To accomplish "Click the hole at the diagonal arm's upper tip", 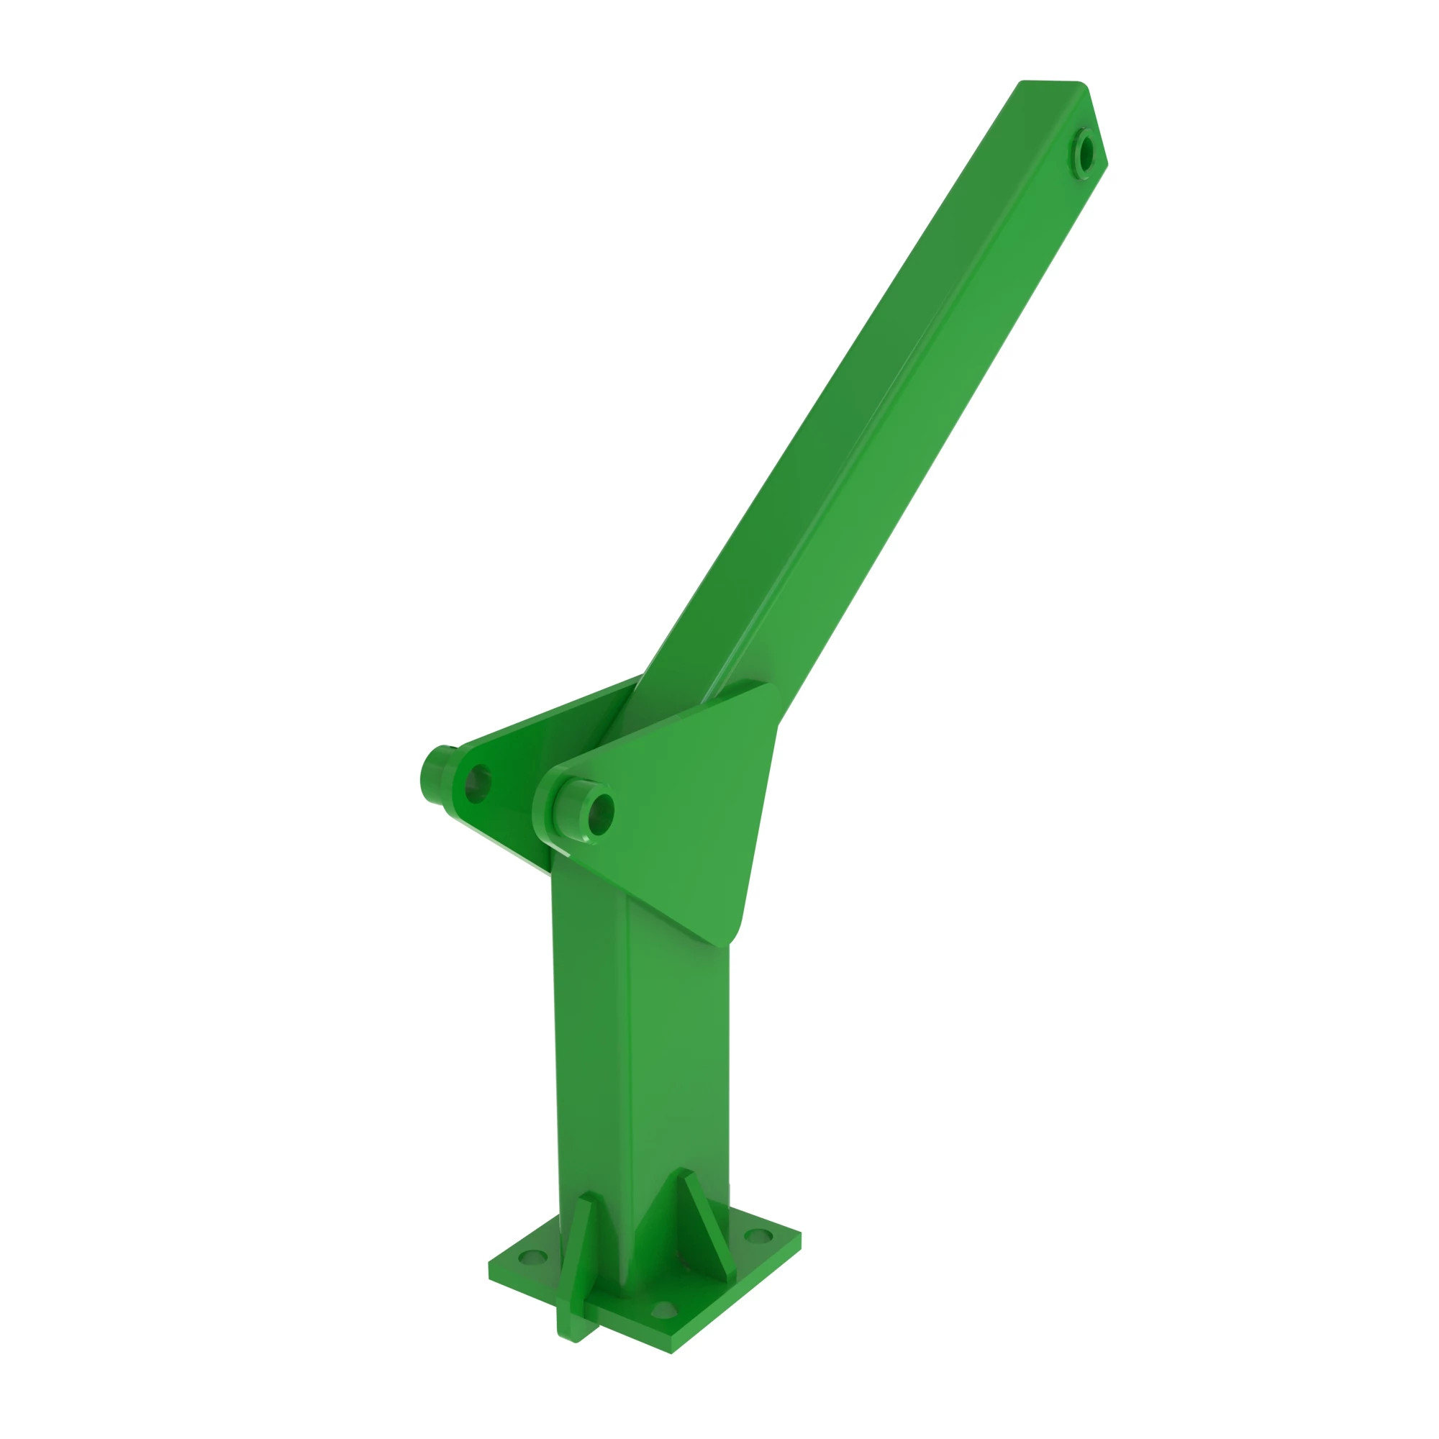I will pyautogui.click(x=1086, y=153).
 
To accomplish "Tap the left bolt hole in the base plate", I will pyautogui.click(x=532, y=1258).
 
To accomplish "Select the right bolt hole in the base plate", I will pyautogui.click(x=758, y=1236).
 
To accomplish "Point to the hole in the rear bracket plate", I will pyautogui.click(x=478, y=784).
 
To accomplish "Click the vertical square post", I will pyautogui.click(x=640, y=1043).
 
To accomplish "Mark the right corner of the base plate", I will pyautogui.click(x=801, y=1234).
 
